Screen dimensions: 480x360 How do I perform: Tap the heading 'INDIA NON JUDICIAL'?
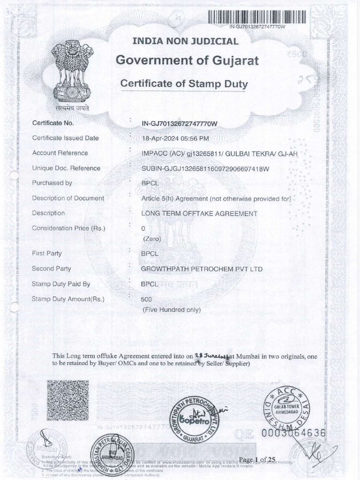[186, 41]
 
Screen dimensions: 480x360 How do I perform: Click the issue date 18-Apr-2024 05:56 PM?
[175, 138]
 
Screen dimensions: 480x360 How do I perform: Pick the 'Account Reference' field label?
[60, 153]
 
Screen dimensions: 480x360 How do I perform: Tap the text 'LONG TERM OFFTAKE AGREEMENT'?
[200, 213]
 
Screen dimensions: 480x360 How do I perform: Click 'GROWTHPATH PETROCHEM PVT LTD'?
[202, 269]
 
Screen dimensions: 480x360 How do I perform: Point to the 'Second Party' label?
[52, 269]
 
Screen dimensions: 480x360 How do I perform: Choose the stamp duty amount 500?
[147, 300]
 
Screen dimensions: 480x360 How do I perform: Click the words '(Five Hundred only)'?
[172, 309]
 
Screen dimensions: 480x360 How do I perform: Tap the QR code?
[67, 400]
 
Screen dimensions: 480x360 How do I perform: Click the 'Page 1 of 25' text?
[258, 459]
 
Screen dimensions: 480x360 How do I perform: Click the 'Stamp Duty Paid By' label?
[61, 284]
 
